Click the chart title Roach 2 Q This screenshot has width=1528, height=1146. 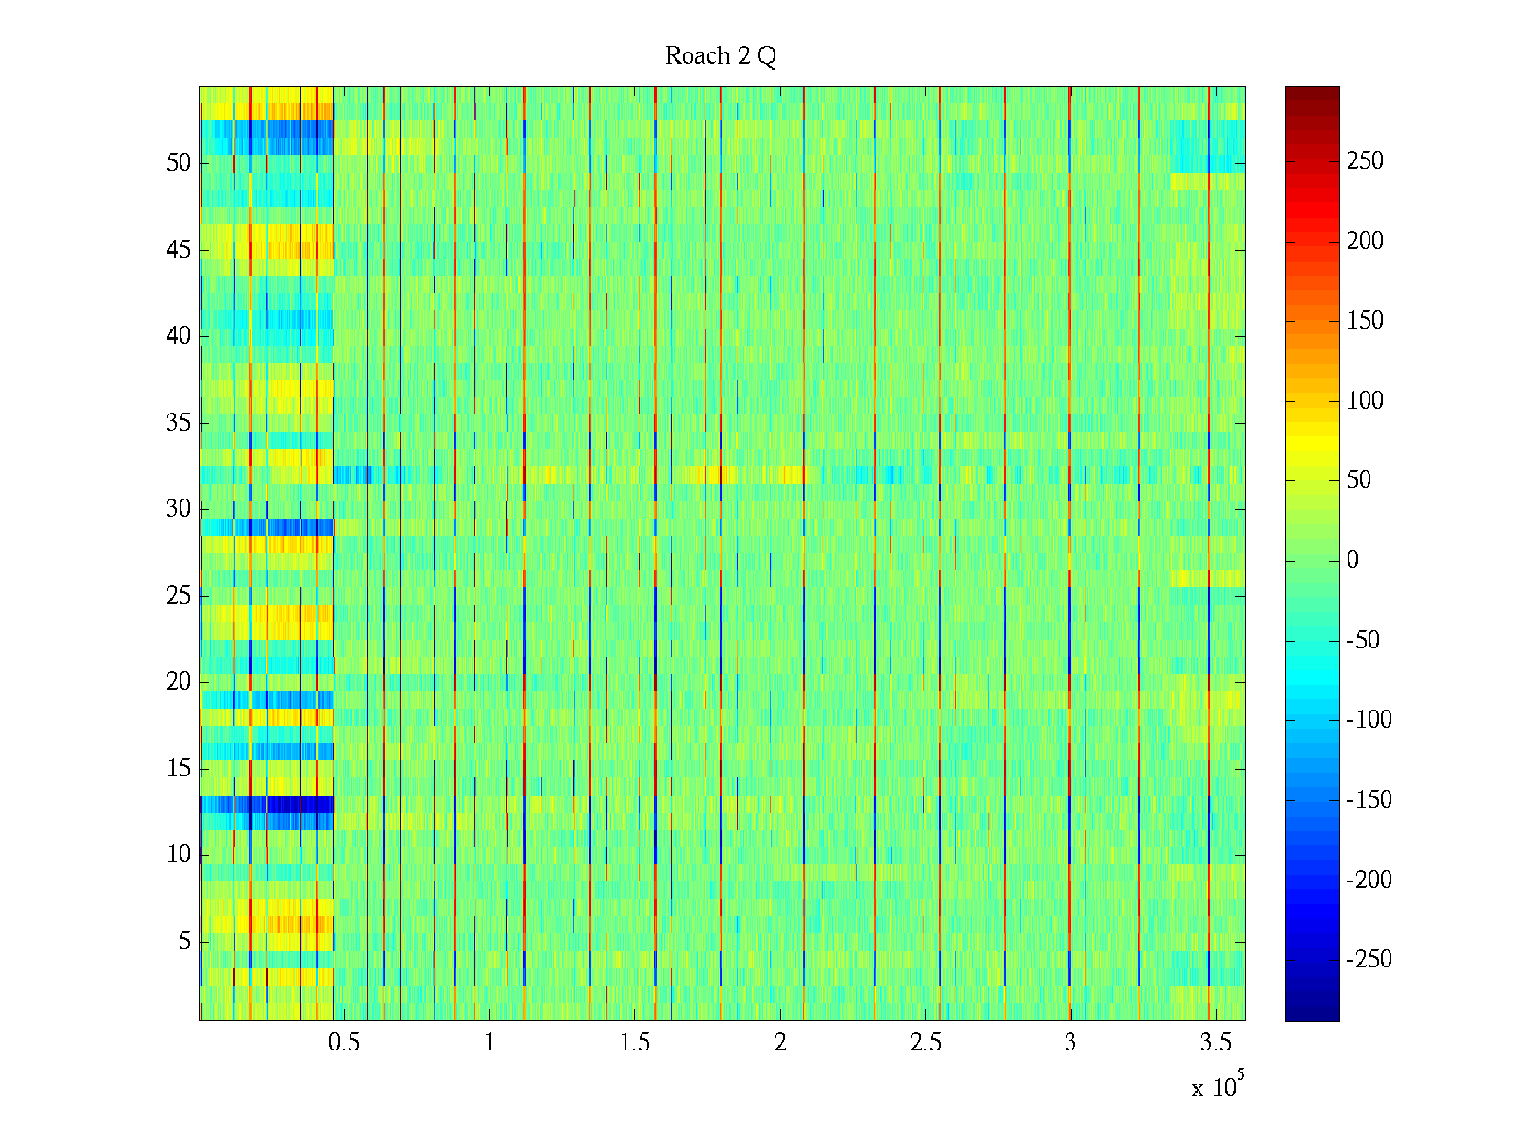tap(720, 56)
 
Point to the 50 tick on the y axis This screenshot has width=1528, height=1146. tap(179, 163)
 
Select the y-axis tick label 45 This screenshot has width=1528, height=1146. tap(179, 250)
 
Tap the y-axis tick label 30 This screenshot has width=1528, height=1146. tap(179, 509)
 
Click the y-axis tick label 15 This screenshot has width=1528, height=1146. tap(179, 769)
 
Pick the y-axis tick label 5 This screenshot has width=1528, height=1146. tap(184, 942)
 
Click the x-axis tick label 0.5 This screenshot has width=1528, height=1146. tap(344, 1043)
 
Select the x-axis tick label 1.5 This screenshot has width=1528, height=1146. tap(634, 1043)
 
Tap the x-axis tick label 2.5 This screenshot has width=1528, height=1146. tap(924, 1043)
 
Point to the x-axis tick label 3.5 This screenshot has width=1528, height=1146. tap(1215, 1043)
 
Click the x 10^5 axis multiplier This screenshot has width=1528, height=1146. tap(1218, 1086)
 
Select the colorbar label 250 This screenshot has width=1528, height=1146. tap(1365, 161)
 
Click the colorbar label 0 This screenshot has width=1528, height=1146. tap(1352, 561)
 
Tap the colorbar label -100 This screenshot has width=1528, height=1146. tap(1369, 720)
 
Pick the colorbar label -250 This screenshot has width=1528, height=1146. tap(1369, 960)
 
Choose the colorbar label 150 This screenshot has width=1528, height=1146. tap(1365, 321)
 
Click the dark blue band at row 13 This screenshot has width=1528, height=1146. tap(266, 804)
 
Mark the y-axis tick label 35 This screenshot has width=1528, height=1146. tap(179, 423)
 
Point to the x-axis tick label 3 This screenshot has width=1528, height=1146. tap(1070, 1043)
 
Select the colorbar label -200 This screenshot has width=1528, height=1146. tap(1369, 880)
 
